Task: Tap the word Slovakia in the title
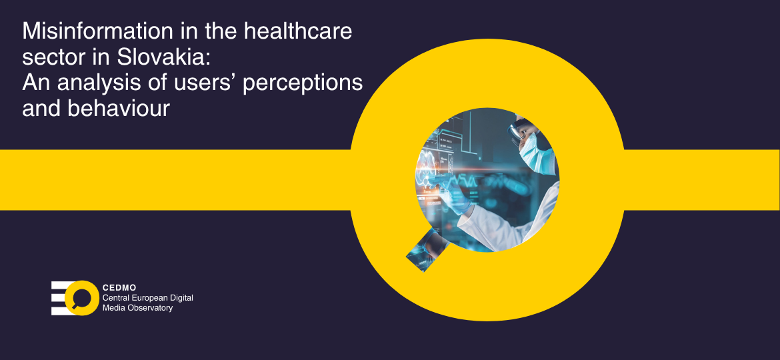tap(163, 58)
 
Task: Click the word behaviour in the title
tap(119, 109)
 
